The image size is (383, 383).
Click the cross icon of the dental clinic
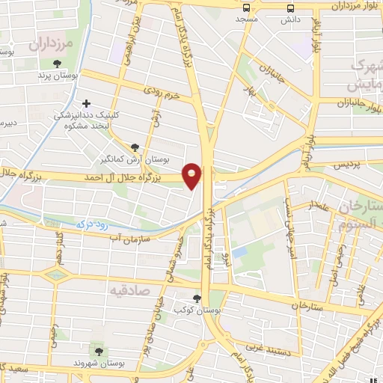tap(87, 103)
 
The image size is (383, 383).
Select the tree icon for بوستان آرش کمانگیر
tap(135, 147)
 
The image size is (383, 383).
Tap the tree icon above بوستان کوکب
tap(197, 297)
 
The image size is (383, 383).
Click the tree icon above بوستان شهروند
tap(97, 350)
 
